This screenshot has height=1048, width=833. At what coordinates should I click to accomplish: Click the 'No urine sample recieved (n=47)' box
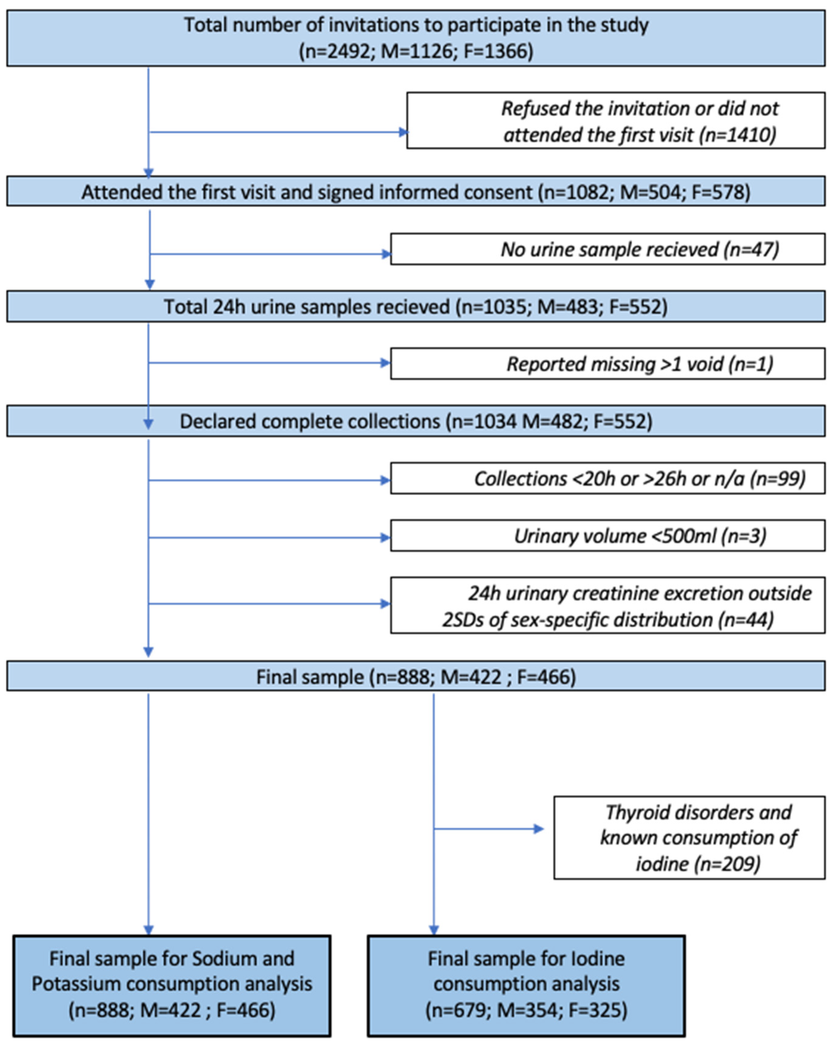pyautogui.click(x=607, y=249)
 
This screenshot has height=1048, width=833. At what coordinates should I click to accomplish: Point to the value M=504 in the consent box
pyautogui.click(x=651, y=192)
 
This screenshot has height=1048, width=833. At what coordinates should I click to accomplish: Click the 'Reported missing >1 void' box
pyautogui.click(x=607, y=364)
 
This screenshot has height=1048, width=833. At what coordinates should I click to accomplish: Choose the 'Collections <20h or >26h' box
pyautogui.click(x=607, y=479)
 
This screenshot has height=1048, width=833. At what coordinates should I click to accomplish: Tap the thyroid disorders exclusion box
pyautogui.click(x=689, y=838)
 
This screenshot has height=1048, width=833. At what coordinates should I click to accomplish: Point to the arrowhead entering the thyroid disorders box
pyautogui.click(x=539, y=829)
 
